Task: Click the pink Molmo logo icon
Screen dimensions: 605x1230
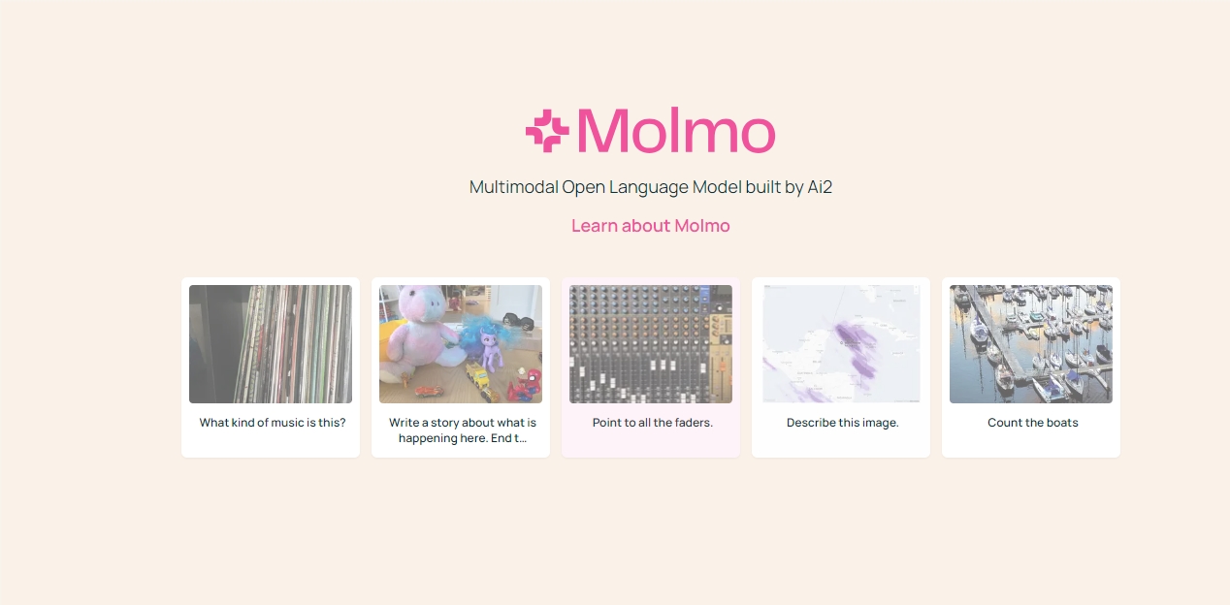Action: (x=546, y=131)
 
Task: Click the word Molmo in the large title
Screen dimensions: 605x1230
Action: (x=676, y=131)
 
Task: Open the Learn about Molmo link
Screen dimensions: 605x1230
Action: (x=650, y=226)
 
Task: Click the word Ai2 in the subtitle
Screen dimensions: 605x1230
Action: (x=820, y=187)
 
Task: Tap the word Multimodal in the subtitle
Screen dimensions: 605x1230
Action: (x=513, y=187)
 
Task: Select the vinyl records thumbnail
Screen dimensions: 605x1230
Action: (x=271, y=344)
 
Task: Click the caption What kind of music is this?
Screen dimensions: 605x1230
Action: (x=272, y=423)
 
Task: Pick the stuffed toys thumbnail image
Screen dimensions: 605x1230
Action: (x=461, y=344)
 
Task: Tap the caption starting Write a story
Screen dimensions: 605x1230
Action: (x=462, y=430)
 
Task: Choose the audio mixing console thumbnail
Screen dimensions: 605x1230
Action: (x=651, y=344)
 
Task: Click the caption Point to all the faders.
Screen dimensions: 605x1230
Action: (x=652, y=423)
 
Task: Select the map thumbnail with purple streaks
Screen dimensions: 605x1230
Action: (x=841, y=344)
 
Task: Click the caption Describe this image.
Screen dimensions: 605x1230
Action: (x=842, y=423)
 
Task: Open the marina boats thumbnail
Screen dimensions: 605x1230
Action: (x=1031, y=344)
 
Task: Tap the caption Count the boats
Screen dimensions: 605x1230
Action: (x=1032, y=423)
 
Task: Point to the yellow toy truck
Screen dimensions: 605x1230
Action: (x=478, y=376)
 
